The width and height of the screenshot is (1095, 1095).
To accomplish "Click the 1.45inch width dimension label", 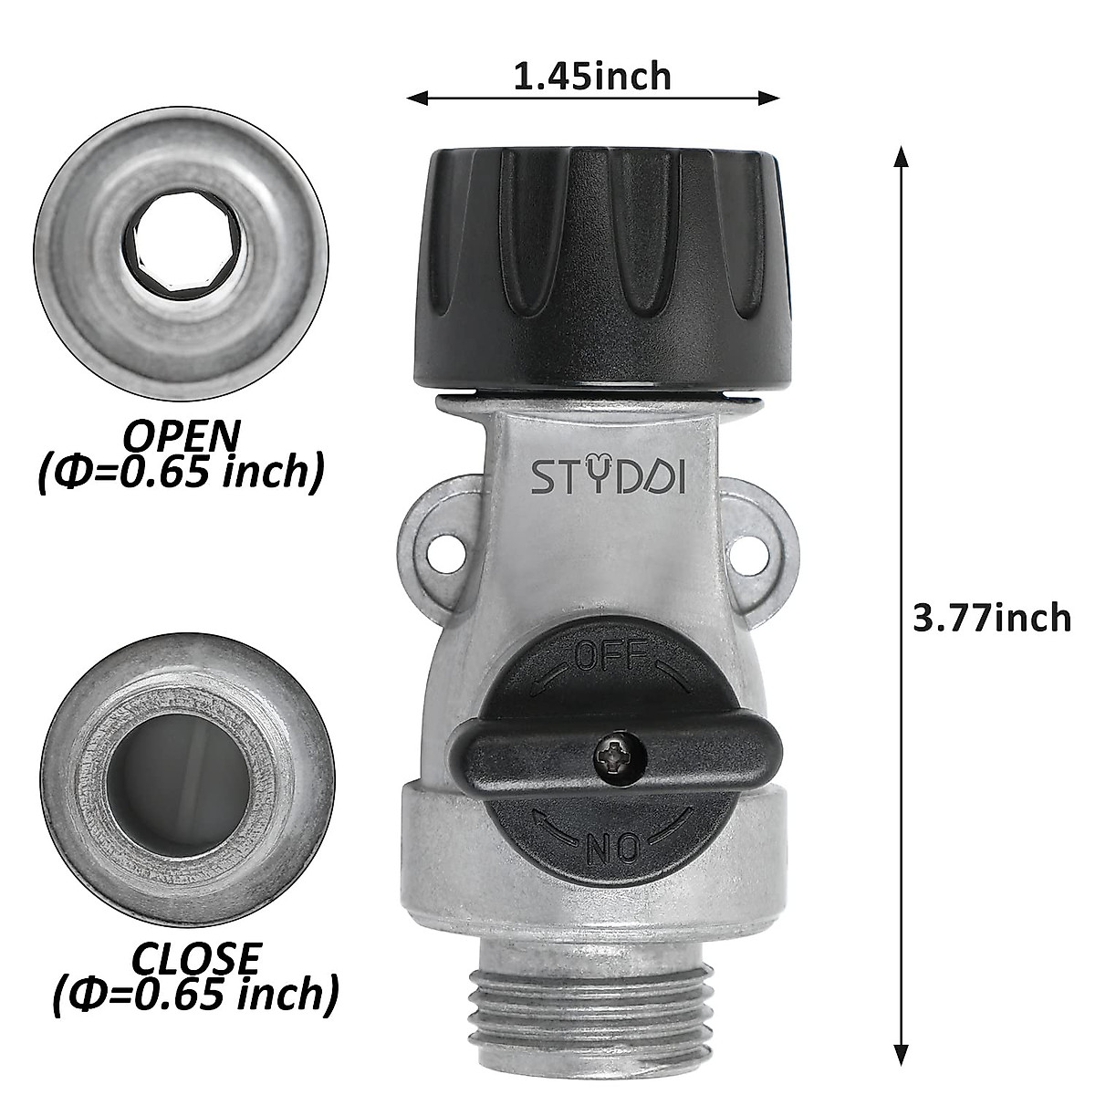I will coord(592,77).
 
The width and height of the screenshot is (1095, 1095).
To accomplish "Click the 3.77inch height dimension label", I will coord(992,618).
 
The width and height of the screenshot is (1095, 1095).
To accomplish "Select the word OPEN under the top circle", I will coord(182,435).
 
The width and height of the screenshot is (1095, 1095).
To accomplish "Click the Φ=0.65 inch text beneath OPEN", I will coord(182,472).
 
